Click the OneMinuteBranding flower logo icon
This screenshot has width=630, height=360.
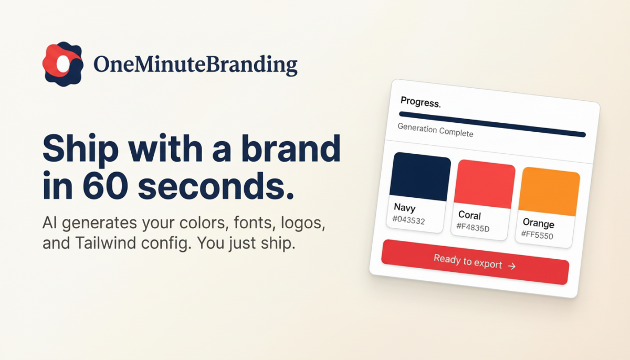point(62,64)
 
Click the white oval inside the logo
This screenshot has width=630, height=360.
point(63,64)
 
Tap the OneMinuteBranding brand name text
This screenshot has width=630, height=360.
point(195,65)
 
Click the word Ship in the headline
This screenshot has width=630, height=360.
point(81,150)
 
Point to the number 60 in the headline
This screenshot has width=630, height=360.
point(105,186)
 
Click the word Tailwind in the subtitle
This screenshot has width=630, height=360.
point(106,243)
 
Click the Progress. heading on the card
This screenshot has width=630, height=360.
point(421,102)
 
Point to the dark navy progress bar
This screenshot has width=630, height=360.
point(492,124)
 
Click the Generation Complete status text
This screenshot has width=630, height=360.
point(435,130)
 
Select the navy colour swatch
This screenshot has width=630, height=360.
point(420,177)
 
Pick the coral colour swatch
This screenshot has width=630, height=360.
point(485,184)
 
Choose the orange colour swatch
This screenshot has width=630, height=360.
point(549,192)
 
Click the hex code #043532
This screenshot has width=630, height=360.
point(408,220)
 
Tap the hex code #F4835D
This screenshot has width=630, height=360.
point(473,227)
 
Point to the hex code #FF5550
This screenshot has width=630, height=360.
point(537,235)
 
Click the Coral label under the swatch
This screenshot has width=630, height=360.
point(469,215)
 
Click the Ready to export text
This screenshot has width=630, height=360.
point(468,261)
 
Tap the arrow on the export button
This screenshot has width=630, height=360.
point(512,266)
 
